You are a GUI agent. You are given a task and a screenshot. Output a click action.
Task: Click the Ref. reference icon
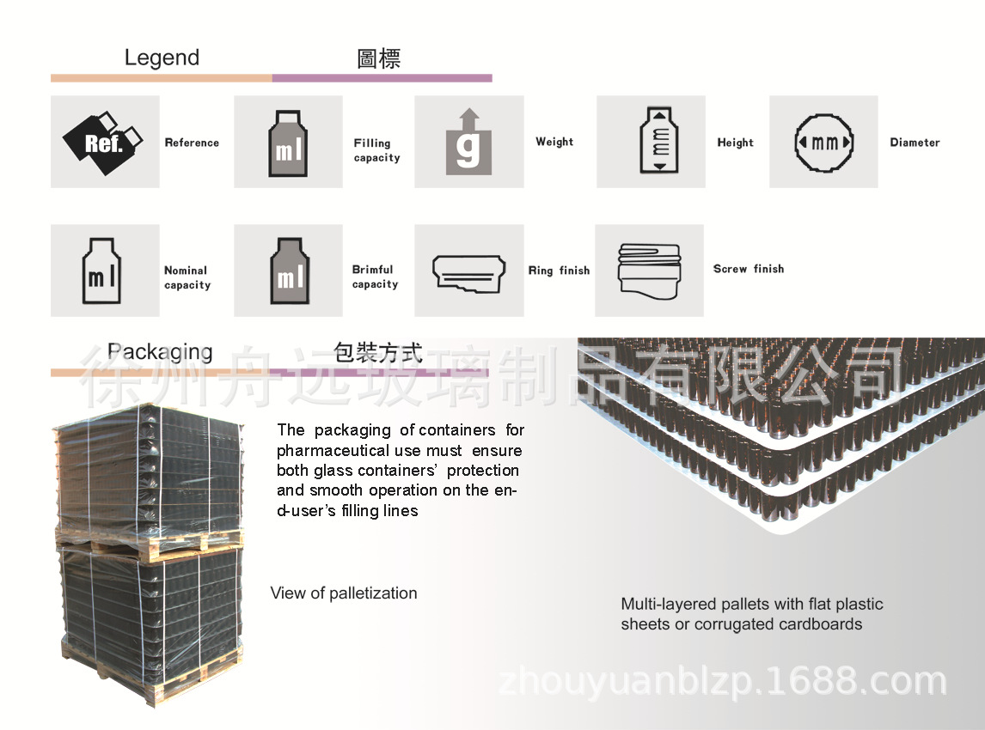point(104,142)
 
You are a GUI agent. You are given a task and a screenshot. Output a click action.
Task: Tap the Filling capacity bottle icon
point(288,143)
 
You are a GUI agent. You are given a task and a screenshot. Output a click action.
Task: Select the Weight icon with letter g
point(468,143)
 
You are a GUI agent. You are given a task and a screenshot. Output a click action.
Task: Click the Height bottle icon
point(659,142)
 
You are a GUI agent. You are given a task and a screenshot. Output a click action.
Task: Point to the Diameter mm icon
point(823,142)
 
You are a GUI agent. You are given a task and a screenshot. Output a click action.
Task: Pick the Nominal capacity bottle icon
point(104,271)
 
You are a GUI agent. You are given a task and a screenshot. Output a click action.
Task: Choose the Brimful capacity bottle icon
point(288,271)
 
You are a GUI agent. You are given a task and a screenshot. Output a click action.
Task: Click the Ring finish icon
point(468,271)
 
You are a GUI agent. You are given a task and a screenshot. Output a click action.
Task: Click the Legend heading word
point(162,58)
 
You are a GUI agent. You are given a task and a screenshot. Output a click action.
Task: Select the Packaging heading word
point(160,352)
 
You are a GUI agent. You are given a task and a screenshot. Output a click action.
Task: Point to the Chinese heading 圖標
point(379,58)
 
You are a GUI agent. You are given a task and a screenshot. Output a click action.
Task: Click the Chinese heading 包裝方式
point(378,353)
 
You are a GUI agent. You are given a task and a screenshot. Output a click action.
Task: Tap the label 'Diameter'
point(915,143)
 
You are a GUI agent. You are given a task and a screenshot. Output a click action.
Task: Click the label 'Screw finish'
point(749,269)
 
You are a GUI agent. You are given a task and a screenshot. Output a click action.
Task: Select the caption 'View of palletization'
point(344,593)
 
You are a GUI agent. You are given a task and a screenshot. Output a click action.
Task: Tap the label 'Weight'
point(554,142)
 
